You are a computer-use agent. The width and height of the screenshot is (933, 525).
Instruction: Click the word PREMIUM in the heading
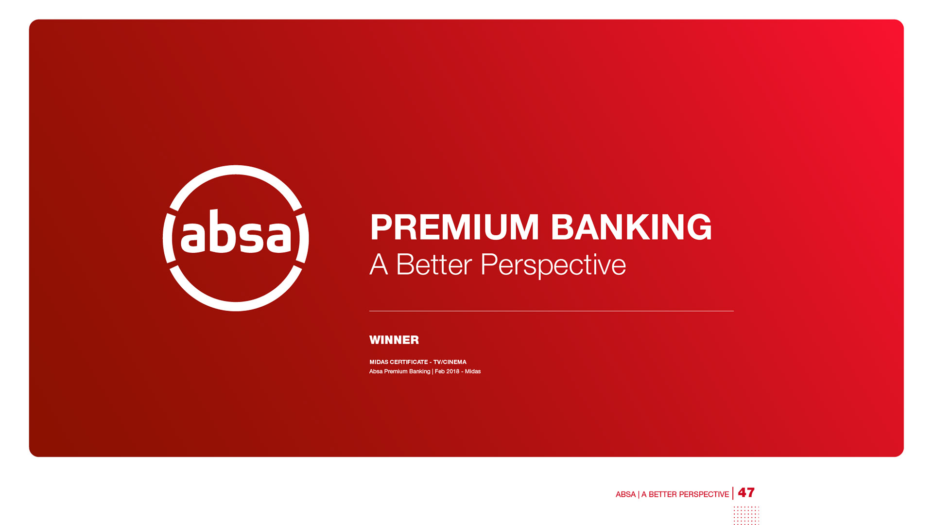click(454, 227)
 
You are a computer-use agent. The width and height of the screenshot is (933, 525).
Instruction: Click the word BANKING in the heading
click(631, 227)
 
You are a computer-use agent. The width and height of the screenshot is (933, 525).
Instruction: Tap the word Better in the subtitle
click(434, 265)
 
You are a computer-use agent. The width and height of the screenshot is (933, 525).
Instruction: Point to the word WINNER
click(394, 340)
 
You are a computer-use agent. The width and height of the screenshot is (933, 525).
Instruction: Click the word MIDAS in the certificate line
click(379, 362)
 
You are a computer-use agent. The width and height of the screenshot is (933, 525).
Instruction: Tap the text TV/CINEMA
click(449, 362)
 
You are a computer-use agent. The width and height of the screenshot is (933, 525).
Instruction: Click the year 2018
click(452, 371)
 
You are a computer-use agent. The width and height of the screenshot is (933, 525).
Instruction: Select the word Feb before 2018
click(439, 371)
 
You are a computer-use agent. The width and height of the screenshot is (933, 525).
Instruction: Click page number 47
click(746, 492)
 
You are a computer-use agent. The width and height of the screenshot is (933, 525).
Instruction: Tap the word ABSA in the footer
click(625, 494)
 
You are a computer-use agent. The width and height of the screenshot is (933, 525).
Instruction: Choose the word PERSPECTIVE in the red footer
click(704, 494)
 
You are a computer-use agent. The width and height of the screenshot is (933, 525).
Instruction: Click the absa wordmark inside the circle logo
click(236, 232)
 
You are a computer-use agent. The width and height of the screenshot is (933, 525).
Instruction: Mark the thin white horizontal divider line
click(552, 311)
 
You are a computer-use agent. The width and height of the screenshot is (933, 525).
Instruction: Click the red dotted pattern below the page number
click(746, 515)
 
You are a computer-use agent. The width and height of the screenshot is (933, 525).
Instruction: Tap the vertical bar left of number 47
click(733, 493)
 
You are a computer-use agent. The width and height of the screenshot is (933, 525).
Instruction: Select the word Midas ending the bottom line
click(473, 371)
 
